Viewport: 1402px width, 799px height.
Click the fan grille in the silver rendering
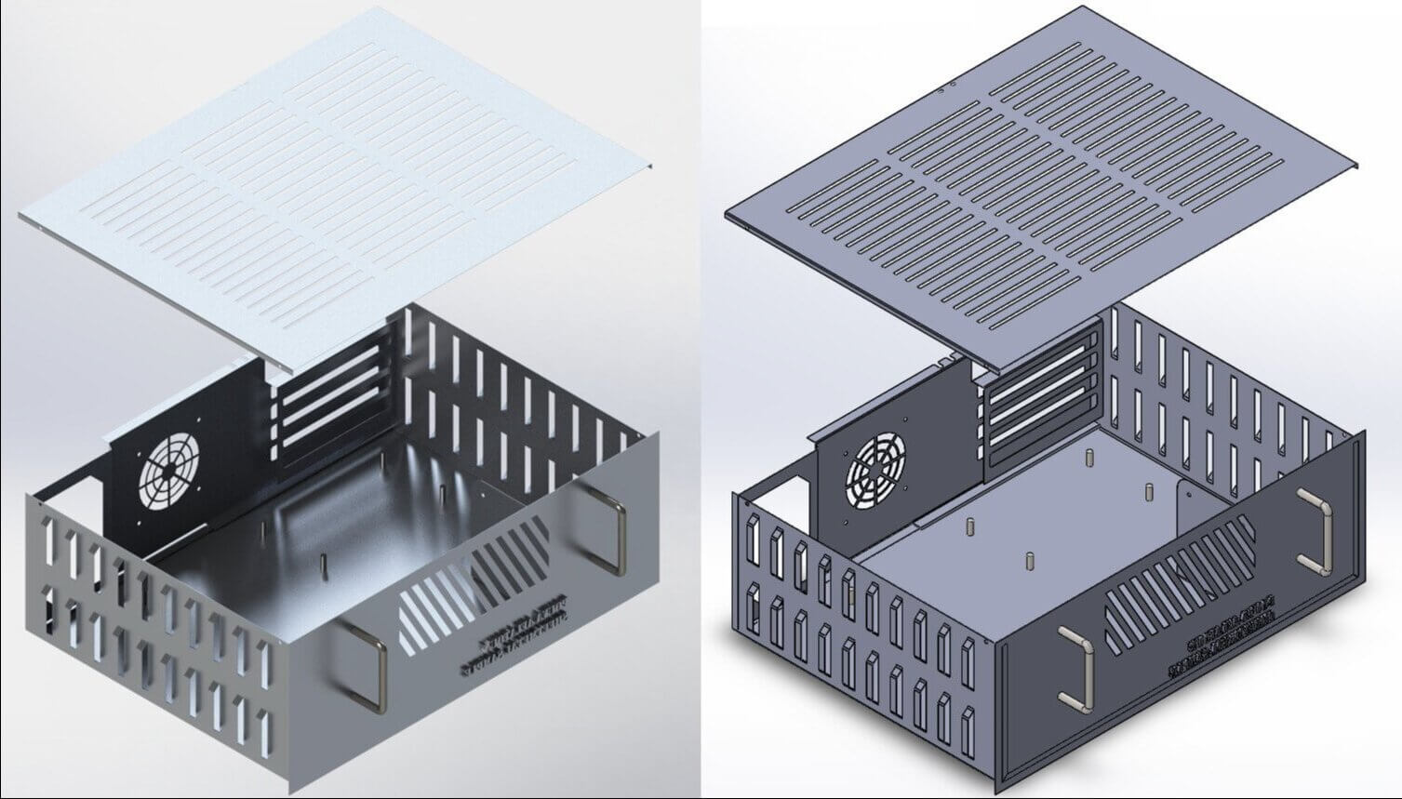(166, 472)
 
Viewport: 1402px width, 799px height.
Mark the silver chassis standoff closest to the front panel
(323, 563)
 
